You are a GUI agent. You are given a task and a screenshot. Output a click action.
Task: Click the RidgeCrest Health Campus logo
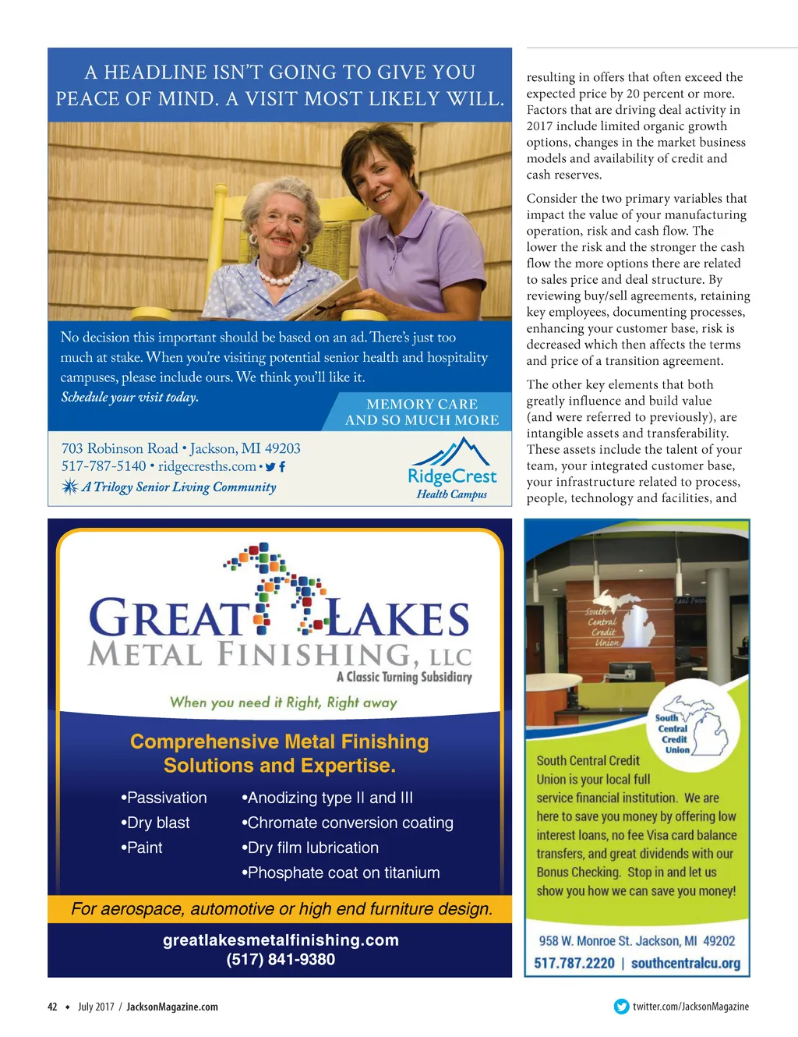click(452, 469)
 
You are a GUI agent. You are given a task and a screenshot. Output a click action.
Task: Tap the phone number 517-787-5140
click(104, 466)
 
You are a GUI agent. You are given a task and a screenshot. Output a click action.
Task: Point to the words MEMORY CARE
click(422, 404)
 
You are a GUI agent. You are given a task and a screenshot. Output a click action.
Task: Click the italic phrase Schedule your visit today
click(129, 397)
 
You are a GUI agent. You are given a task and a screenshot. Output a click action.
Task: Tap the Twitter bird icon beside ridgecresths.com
click(270, 467)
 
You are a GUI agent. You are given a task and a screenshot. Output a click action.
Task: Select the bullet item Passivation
click(164, 798)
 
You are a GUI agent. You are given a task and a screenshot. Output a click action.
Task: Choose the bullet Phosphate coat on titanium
click(341, 872)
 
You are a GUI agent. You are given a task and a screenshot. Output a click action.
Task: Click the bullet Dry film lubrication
click(311, 848)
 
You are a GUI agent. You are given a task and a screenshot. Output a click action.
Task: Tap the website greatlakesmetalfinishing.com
click(281, 940)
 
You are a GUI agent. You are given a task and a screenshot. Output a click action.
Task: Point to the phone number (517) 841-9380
click(281, 959)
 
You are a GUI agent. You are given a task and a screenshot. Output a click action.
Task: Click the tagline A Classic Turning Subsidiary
click(404, 677)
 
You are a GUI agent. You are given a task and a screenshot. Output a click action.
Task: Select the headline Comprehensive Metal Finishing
click(279, 741)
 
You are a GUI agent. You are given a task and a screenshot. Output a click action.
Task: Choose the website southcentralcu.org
click(686, 963)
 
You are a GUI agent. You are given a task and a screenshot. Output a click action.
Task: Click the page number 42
click(52, 1007)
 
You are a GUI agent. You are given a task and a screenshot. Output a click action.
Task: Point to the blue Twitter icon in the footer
click(621, 1007)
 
